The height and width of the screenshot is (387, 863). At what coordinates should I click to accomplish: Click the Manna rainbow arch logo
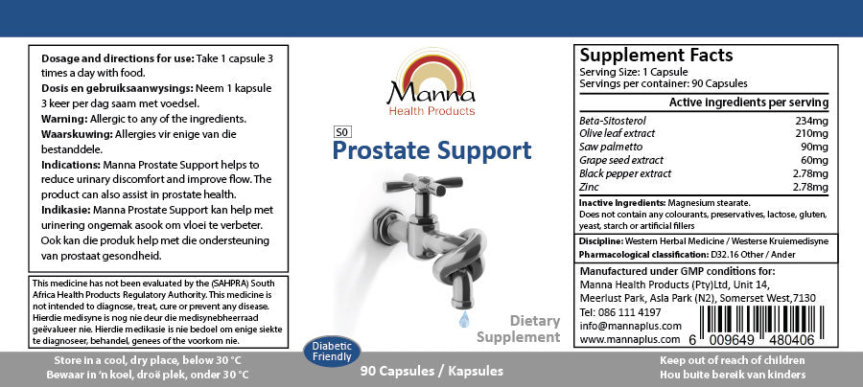pyautogui.click(x=431, y=74)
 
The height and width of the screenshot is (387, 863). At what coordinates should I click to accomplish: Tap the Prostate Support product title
pyautogui.click(x=431, y=150)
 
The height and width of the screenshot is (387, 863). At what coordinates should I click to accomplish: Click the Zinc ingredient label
pyautogui.click(x=591, y=188)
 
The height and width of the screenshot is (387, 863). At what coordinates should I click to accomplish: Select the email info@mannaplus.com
pyautogui.click(x=626, y=326)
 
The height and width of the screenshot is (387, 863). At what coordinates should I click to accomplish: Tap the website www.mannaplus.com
pyautogui.click(x=624, y=339)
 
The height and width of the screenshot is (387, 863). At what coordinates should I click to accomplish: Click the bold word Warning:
pyautogui.click(x=66, y=118)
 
